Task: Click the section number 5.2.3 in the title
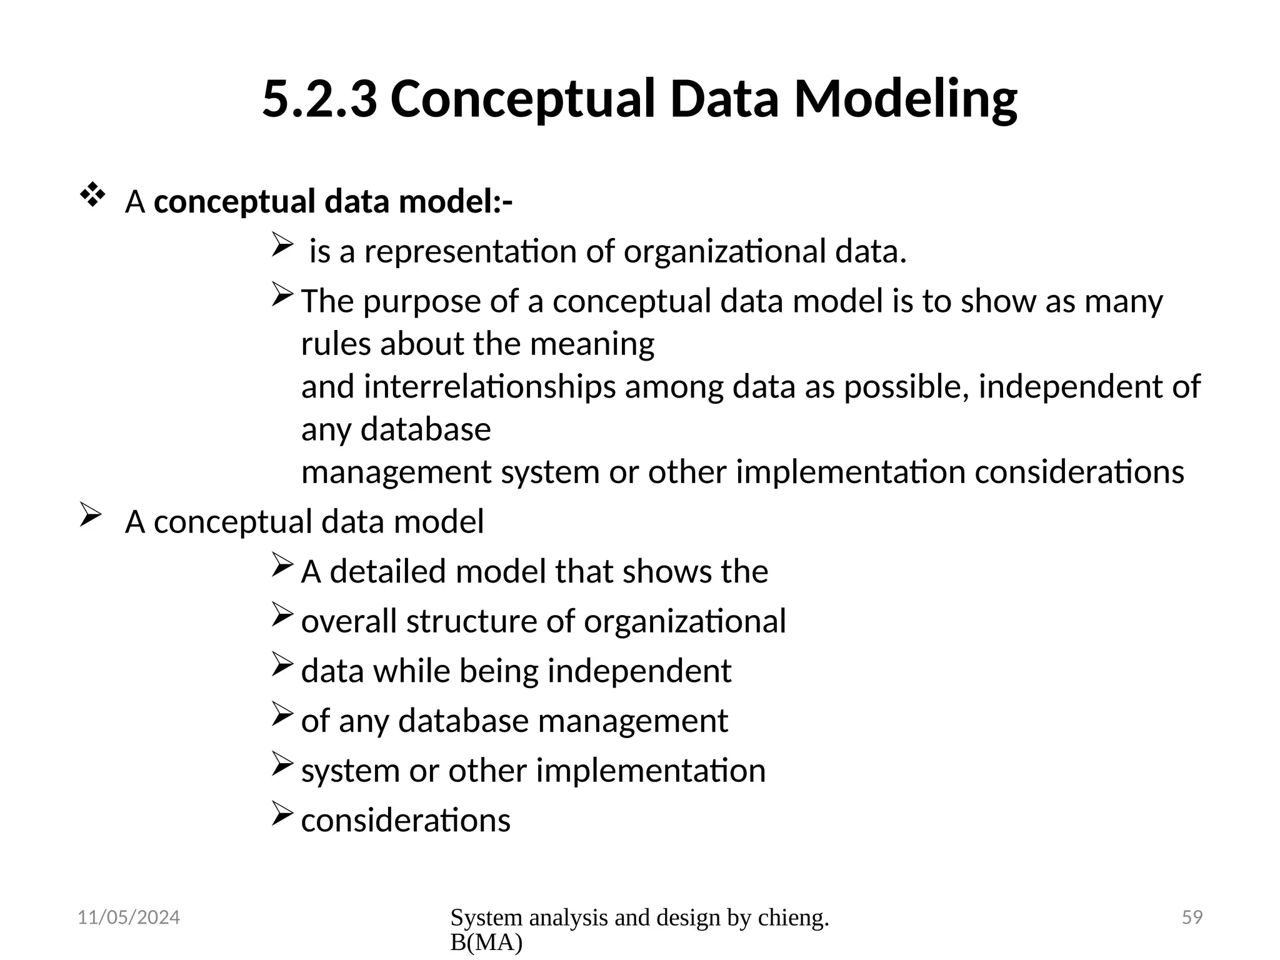click(x=319, y=99)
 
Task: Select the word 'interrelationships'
click(x=489, y=387)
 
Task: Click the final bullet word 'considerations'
click(x=406, y=821)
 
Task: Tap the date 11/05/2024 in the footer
click(x=128, y=917)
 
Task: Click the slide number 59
click(x=1192, y=917)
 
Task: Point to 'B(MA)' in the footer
click(x=486, y=943)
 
